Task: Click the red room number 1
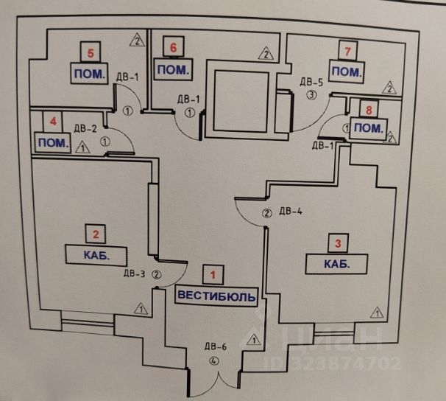point(213,276)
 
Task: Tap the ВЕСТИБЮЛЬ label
point(217,296)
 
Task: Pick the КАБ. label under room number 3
point(336,263)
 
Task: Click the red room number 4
point(52,120)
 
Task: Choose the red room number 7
point(348,51)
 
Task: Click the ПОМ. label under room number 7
point(345,72)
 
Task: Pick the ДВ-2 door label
point(87,128)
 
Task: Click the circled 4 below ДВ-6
point(214,361)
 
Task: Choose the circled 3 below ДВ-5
point(311,95)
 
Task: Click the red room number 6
point(173,49)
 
